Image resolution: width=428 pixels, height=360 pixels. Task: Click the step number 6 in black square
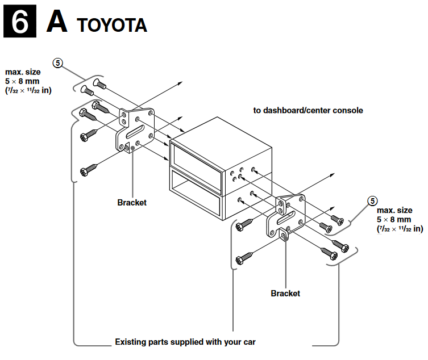(20, 22)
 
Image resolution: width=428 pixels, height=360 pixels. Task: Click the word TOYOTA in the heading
(113, 25)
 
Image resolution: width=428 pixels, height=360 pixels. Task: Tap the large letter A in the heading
(58, 22)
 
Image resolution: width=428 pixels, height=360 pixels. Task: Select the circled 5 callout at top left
(57, 63)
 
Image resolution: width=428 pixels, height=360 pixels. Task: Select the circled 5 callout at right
(372, 201)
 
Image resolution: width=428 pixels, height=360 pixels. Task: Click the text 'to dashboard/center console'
(308, 110)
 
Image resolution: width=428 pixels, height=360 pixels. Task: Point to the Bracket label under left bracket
(132, 203)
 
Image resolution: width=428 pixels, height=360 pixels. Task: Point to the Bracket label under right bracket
(285, 294)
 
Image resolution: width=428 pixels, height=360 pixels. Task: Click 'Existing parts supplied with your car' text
(185, 342)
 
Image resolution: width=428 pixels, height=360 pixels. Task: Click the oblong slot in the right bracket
(286, 215)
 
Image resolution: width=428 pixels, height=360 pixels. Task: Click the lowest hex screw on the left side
(89, 169)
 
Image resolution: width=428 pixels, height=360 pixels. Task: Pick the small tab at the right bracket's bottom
(284, 235)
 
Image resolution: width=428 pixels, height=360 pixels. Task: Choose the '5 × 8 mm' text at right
(393, 219)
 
